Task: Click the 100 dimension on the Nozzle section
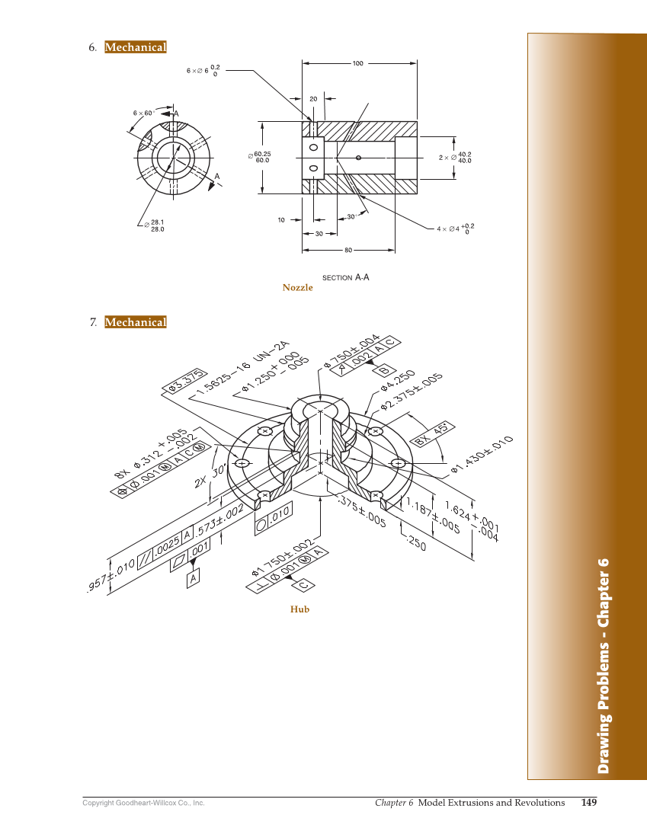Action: tap(357, 63)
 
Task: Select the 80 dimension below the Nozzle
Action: tap(348, 250)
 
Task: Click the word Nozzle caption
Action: tap(297, 287)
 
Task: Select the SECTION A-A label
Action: tap(345, 277)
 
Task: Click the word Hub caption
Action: tap(299, 609)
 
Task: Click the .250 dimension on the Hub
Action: tap(417, 542)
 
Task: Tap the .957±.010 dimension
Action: tap(112, 574)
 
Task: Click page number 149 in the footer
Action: tap(588, 802)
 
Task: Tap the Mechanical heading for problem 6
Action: tap(135, 47)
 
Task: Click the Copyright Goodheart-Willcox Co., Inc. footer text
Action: tap(143, 803)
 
